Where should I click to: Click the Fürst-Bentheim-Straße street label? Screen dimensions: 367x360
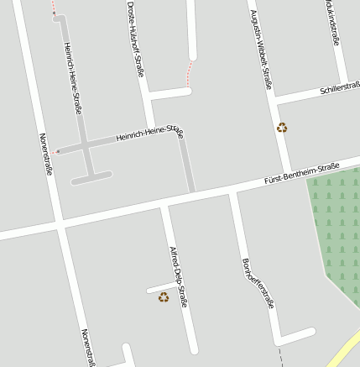[301, 174]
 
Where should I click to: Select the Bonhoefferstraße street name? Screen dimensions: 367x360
[257, 283]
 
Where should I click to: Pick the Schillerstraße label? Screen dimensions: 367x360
[339, 87]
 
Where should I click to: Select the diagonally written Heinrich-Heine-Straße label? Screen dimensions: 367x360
[150, 132]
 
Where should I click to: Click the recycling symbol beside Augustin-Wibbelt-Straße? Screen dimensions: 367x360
[282, 128]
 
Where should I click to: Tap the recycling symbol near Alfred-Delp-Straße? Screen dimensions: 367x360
[164, 296]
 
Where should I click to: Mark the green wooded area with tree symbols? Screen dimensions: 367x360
[336, 227]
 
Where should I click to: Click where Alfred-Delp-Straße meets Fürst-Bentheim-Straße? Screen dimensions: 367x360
[166, 202]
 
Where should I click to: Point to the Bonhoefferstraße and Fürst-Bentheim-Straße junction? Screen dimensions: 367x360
[234, 191]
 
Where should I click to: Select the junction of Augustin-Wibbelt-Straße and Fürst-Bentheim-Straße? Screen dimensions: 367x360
[287, 179]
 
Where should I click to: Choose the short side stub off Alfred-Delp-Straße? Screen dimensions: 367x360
[160, 289]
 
